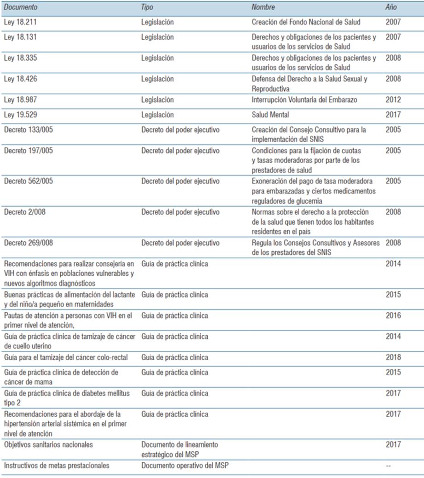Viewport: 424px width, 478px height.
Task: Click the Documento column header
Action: pos(21,7)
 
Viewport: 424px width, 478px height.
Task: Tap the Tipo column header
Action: pos(147,7)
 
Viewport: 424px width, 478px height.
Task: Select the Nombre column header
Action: pos(263,7)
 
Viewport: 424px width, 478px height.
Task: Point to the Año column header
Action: pos(391,7)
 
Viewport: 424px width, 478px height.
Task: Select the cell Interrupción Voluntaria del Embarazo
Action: pos(305,100)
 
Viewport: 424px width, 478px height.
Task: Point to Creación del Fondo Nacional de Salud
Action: pos(306,22)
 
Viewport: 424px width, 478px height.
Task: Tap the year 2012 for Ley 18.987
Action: pos(393,100)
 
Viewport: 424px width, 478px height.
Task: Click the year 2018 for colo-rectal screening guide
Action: pos(393,357)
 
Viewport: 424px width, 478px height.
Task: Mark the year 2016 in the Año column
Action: pos(393,315)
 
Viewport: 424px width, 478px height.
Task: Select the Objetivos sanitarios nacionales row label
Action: pos(48,445)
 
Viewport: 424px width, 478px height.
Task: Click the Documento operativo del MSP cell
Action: pos(185,466)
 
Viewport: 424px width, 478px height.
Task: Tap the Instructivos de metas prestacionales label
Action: pos(57,466)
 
